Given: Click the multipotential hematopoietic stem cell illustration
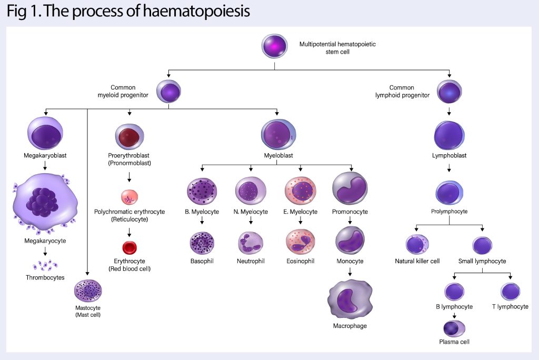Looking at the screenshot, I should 275,46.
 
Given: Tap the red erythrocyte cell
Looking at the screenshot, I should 129,247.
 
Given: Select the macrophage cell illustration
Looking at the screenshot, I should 350,299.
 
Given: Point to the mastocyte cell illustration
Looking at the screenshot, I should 88,291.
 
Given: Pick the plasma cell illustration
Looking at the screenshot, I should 454,328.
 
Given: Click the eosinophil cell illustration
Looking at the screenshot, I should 300,241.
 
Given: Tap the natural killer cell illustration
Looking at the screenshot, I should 417,245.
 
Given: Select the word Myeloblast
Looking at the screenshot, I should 278,156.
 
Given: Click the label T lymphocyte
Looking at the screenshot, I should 510,306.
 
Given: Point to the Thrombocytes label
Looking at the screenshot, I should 45,277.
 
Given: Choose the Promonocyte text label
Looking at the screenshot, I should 350,212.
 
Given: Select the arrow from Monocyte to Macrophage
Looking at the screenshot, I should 350,272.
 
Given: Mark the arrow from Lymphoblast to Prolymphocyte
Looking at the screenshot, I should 449,168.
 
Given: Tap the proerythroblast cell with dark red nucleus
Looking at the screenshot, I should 129,137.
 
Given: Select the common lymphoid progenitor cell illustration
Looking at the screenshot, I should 449,92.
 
